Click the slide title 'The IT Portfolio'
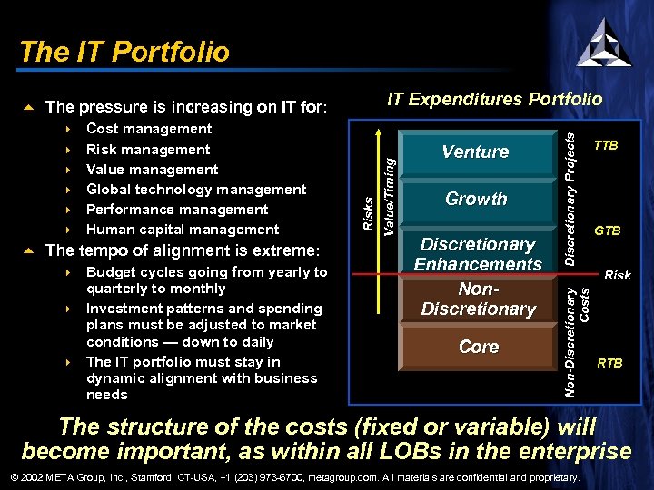pos(124,52)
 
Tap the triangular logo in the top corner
pos(603,42)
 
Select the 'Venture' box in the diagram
pos(475,152)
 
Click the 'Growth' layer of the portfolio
pos(476,199)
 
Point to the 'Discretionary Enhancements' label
pos(477,254)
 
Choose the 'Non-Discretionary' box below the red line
pos(478,299)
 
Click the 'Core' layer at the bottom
pos(478,347)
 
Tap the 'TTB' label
pos(606,145)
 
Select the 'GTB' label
pos(607,231)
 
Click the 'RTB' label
pos(609,363)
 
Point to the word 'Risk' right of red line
pos(618,275)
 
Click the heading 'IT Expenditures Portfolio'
pos(494,99)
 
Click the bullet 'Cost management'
pos(149,129)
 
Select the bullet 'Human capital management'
pos(183,230)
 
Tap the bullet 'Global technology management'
pos(196,190)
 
